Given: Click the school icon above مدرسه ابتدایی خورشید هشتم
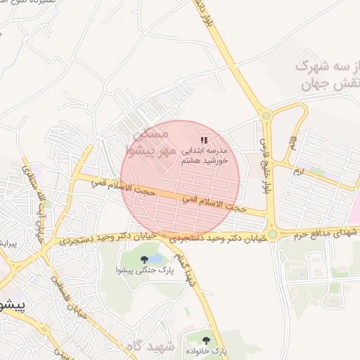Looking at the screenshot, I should point(204,141).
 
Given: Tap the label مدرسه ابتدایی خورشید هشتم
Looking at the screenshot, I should point(205,155).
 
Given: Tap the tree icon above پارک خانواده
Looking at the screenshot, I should point(206,340).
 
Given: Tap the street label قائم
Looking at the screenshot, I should point(292,147).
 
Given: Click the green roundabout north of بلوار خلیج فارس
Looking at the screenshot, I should point(266,115).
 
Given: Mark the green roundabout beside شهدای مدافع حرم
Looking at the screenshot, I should point(272,233).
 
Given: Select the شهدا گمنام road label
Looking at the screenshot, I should point(186,267).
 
